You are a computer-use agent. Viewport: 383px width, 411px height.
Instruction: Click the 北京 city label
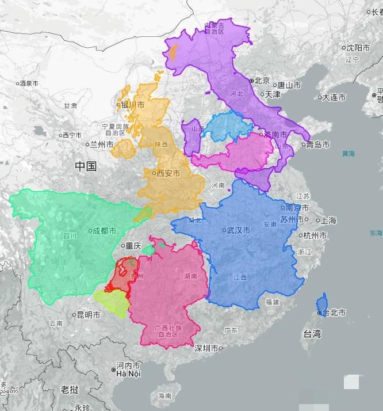[x=262, y=81]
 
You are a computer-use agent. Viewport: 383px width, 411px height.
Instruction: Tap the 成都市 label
[x=104, y=231]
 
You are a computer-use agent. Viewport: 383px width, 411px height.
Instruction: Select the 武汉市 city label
[x=238, y=230]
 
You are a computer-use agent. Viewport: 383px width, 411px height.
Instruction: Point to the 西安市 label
[x=168, y=173]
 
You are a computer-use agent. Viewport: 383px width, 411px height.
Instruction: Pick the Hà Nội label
[x=128, y=374]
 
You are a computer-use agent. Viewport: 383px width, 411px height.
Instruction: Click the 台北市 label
[x=334, y=313]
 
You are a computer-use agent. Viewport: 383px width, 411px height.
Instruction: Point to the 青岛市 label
[x=317, y=144]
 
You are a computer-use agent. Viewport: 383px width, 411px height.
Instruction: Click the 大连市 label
[x=334, y=97]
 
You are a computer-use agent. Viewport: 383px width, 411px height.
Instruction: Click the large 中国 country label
[x=86, y=167]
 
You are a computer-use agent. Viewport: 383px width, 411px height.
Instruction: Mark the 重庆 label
[x=133, y=246]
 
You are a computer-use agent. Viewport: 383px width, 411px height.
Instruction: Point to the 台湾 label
[x=312, y=334]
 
